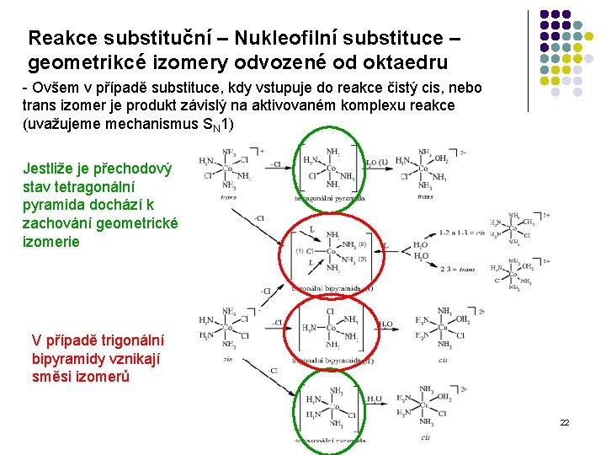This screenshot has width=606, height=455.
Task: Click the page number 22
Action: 565,421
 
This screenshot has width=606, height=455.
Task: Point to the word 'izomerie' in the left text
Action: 50,242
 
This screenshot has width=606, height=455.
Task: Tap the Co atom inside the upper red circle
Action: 332,251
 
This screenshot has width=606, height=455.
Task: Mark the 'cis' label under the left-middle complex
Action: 227,359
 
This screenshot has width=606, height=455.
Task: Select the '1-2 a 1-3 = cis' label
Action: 462,233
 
